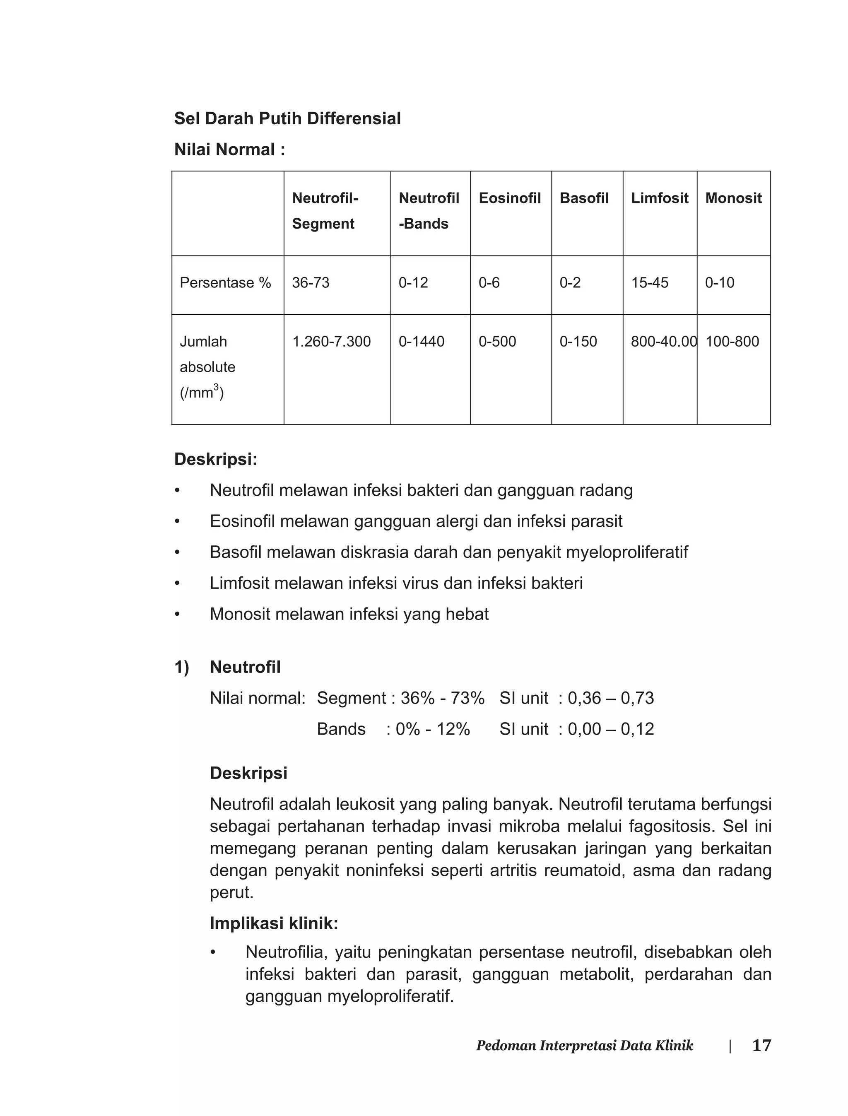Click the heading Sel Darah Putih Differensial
(287, 118)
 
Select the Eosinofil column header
(509, 198)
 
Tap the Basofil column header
(584, 198)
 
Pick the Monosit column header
(733, 198)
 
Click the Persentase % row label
(225, 283)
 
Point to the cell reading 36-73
(311, 283)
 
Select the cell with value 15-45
(650, 283)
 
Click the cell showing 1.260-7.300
(331, 342)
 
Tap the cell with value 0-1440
(422, 342)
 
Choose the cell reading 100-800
(732, 342)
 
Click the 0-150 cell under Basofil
(578, 342)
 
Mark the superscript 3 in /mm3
(216, 387)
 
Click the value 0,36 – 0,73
(611, 698)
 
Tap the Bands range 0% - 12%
(433, 729)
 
